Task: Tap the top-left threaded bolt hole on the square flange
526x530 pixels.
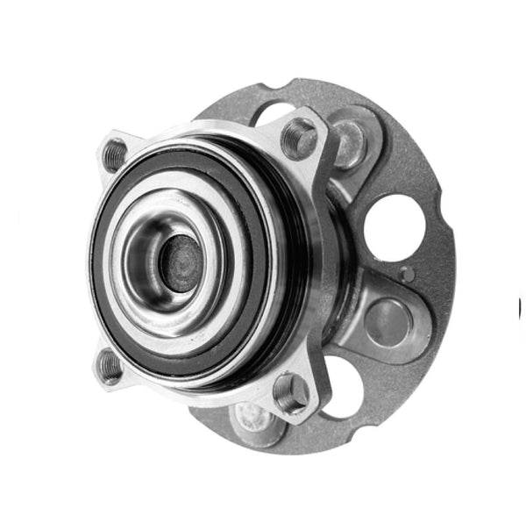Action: coord(114,155)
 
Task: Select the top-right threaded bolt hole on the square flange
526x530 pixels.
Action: coord(299,137)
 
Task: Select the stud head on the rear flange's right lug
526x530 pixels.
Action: coord(387,323)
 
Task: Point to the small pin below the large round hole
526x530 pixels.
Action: coord(404,274)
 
